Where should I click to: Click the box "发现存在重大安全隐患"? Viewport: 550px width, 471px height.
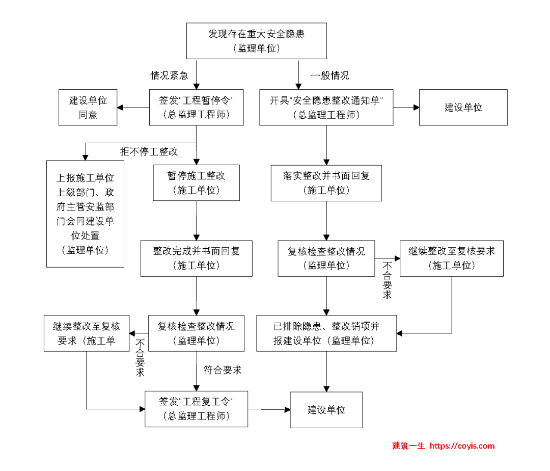coord(257,41)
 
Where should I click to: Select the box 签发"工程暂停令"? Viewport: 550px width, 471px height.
coord(196,108)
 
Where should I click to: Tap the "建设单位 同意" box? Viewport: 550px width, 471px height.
coord(88,108)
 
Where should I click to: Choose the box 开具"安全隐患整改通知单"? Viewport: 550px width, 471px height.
coord(326,108)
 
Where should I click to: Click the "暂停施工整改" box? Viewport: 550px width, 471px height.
coord(196,183)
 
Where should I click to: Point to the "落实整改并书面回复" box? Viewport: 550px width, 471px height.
coord(326,183)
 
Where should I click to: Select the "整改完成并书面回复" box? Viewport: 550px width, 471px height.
coord(196,258)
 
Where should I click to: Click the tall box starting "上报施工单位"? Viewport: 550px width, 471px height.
coord(85,214)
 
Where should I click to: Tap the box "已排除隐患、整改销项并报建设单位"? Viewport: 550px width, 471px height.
coord(326,333)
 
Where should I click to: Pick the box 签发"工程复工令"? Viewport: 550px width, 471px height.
coord(196,409)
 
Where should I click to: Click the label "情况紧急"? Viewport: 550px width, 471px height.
coord(169,76)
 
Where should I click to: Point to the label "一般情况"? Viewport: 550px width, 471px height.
coord(330,76)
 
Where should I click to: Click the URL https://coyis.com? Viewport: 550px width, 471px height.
coord(462,446)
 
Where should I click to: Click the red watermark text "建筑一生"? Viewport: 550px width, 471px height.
coord(408,446)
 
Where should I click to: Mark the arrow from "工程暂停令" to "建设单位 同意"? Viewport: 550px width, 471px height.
coord(133,108)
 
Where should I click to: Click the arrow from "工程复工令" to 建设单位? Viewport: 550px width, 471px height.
coord(269,409)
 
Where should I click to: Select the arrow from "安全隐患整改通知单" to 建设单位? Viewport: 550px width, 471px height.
coord(406,108)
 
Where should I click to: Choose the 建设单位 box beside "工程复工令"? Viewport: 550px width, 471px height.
coord(326,410)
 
